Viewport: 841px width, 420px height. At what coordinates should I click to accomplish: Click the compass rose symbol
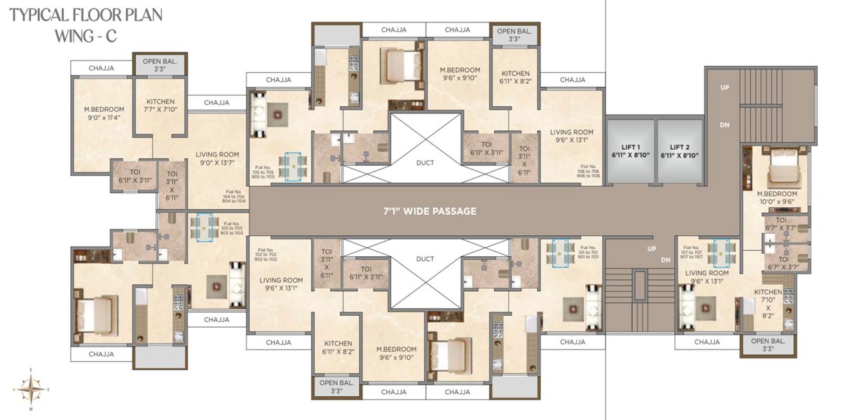(29, 388)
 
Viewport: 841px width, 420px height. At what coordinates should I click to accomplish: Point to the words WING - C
(85, 37)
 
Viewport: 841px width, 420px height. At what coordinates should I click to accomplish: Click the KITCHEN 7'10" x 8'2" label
(768, 304)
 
